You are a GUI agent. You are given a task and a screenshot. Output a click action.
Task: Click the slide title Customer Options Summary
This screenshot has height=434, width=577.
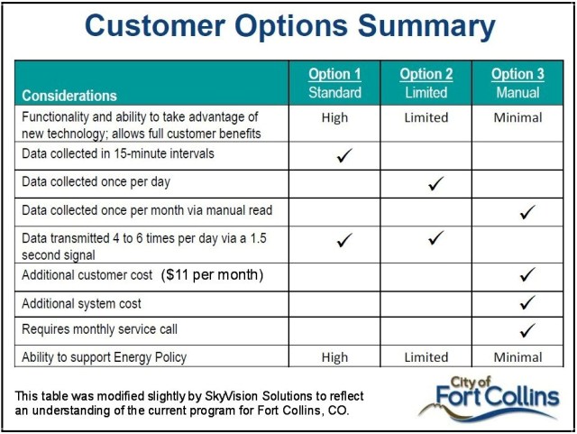coord(289,26)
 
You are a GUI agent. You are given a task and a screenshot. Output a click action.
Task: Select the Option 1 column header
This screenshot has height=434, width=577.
coord(334,83)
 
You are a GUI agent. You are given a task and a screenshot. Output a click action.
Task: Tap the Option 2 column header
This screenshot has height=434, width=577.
coord(426,83)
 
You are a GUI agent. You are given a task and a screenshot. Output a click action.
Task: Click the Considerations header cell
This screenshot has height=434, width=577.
coord(69,95)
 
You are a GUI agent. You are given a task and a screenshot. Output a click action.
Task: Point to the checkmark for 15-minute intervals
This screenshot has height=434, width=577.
coord(343,156)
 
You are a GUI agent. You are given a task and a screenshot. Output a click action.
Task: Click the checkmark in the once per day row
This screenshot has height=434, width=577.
coord(435,183)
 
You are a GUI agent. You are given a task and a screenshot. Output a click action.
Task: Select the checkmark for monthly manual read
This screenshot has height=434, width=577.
coord(527,212)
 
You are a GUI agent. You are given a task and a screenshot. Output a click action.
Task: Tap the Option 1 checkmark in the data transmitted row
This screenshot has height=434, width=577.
coord(343,241)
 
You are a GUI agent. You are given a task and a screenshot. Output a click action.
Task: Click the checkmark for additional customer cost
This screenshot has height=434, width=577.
coord(527,274)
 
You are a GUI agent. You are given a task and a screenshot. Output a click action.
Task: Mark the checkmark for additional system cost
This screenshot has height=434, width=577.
coord(527,302)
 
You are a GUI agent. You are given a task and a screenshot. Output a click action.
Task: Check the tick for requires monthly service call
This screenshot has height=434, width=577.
coord(527,329)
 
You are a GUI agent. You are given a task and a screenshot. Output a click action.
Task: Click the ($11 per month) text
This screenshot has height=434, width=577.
coord(212,274)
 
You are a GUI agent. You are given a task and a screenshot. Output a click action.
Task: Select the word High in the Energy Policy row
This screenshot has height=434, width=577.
coord(334,357)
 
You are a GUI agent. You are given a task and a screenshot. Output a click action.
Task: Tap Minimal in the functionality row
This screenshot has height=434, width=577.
coord(517,117)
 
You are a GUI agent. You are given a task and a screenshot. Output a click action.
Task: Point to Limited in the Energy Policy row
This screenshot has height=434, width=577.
coord(426,357)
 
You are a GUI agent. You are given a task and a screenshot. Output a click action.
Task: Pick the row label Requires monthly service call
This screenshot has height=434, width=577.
coord(99,330)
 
